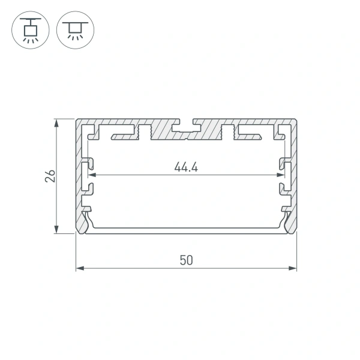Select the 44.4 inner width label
tap(186, 167)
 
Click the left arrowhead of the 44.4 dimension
tap(92, 176)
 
